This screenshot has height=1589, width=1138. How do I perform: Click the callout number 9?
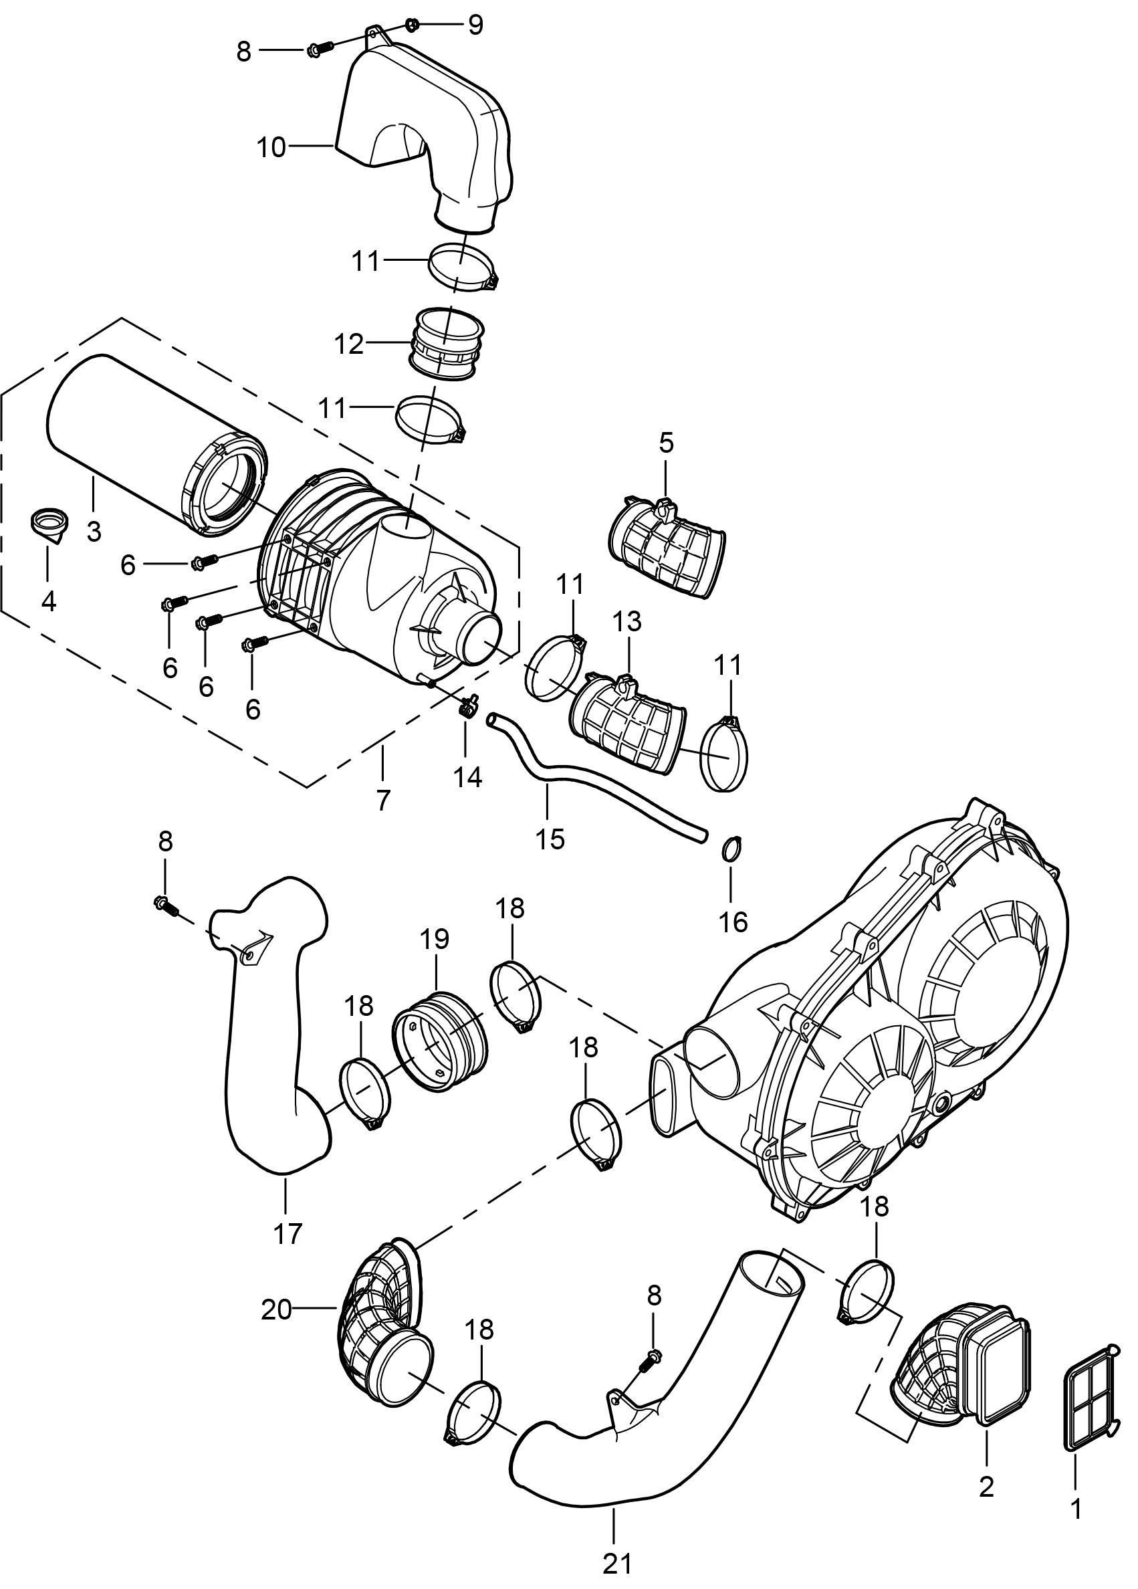(x=476, y=26)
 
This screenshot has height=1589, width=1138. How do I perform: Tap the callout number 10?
(x=271, y=148)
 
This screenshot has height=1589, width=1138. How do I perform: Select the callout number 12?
(x=349, y=344)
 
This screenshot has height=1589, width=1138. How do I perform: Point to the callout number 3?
(x=94, y=531)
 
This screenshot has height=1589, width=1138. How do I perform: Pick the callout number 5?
(x=665, y=442)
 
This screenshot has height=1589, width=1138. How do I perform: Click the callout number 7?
(x=382, y=799)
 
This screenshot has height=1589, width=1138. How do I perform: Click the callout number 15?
(x=550, y=838)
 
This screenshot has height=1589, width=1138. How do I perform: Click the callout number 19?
(x=434, y=940)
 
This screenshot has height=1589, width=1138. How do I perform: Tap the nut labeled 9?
(x=413, y=25)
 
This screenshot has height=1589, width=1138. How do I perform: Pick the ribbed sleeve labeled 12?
(x=445, y=345)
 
